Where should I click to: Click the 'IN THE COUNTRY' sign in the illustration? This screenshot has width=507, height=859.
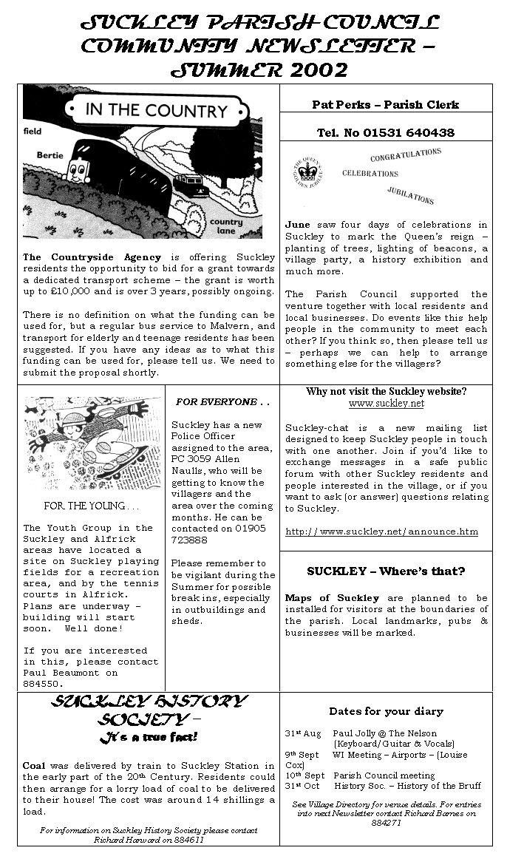point(156,111)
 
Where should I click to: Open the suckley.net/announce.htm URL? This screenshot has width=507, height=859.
point(381,532)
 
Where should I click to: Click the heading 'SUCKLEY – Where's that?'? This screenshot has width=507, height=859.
point(386,571)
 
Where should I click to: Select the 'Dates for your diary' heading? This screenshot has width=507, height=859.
point(386,711)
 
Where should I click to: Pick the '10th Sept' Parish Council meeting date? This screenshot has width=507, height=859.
point(304,775)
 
